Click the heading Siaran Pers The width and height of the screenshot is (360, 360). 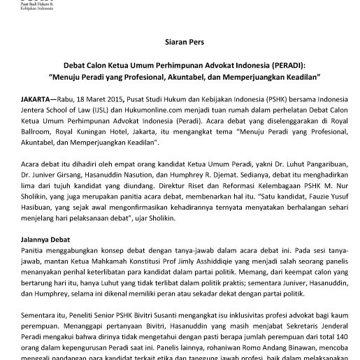(x=180, y=41)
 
